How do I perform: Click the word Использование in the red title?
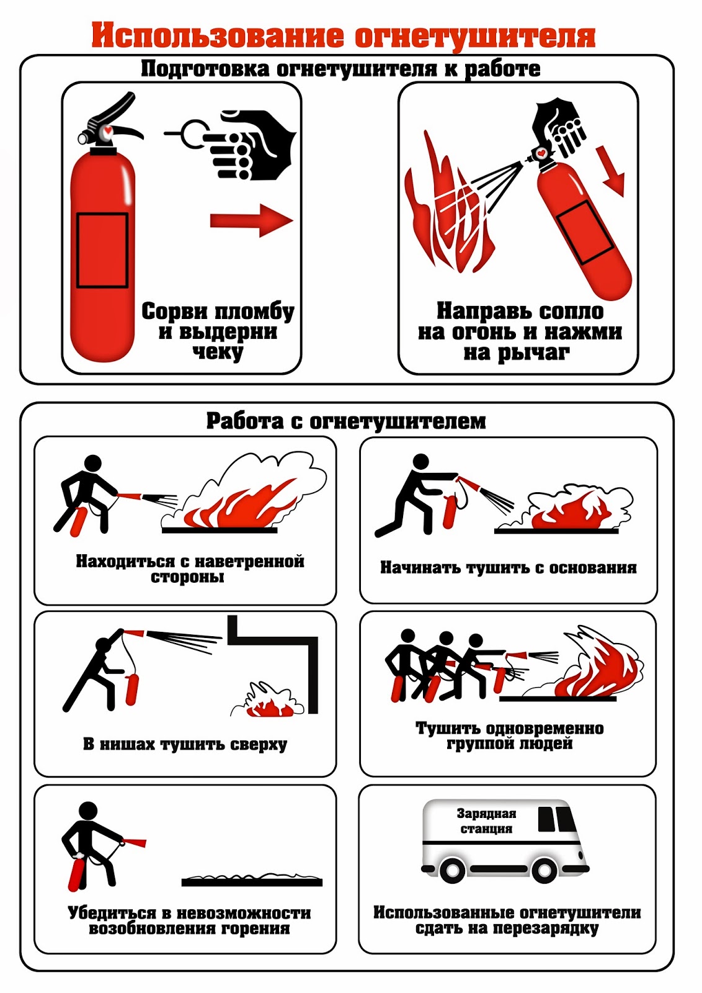218,36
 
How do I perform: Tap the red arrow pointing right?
252,220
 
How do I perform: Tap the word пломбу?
255,312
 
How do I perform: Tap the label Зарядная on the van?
486,814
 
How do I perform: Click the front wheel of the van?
545,869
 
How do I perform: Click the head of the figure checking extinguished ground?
87,812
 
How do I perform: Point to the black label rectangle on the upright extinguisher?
102,250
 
